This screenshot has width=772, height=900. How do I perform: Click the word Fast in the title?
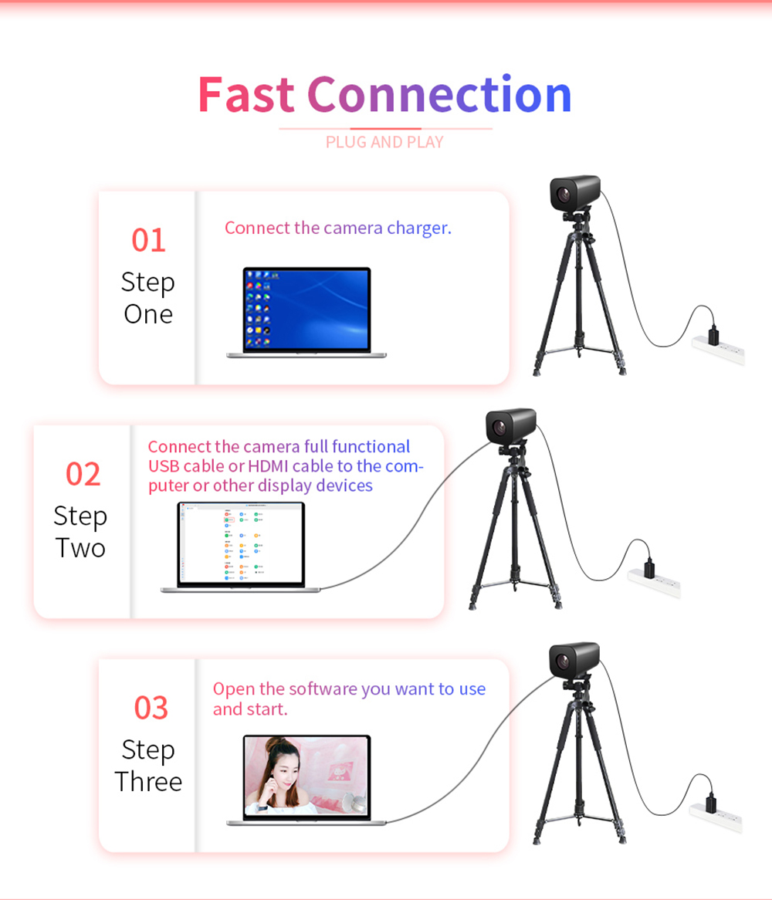(x=245, y=95)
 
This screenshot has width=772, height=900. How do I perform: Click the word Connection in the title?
(x=439, y=95)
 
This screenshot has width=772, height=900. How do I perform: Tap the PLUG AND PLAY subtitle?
(x=384, y=142)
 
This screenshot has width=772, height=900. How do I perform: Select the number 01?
(x=148, y=240)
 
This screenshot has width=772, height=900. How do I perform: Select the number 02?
(x=83, y=474)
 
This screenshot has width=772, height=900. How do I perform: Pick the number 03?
(x=151, y=708)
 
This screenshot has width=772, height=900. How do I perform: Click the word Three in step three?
(x=148, y=781)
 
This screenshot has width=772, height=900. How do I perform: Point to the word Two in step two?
(x=80, y=548)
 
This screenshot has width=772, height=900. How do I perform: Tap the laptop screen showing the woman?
(x=306, y=776)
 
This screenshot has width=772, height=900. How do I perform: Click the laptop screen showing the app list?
(x=241, y=543)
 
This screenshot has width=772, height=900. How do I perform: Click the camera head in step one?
(x=574, y=193)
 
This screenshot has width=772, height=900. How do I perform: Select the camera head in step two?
(x=510, y=425)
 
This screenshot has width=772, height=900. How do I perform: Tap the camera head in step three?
(x=574, y=658)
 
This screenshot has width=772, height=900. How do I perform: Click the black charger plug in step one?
(x=713, y=335)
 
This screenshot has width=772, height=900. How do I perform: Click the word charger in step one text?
(x=418, y=228)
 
